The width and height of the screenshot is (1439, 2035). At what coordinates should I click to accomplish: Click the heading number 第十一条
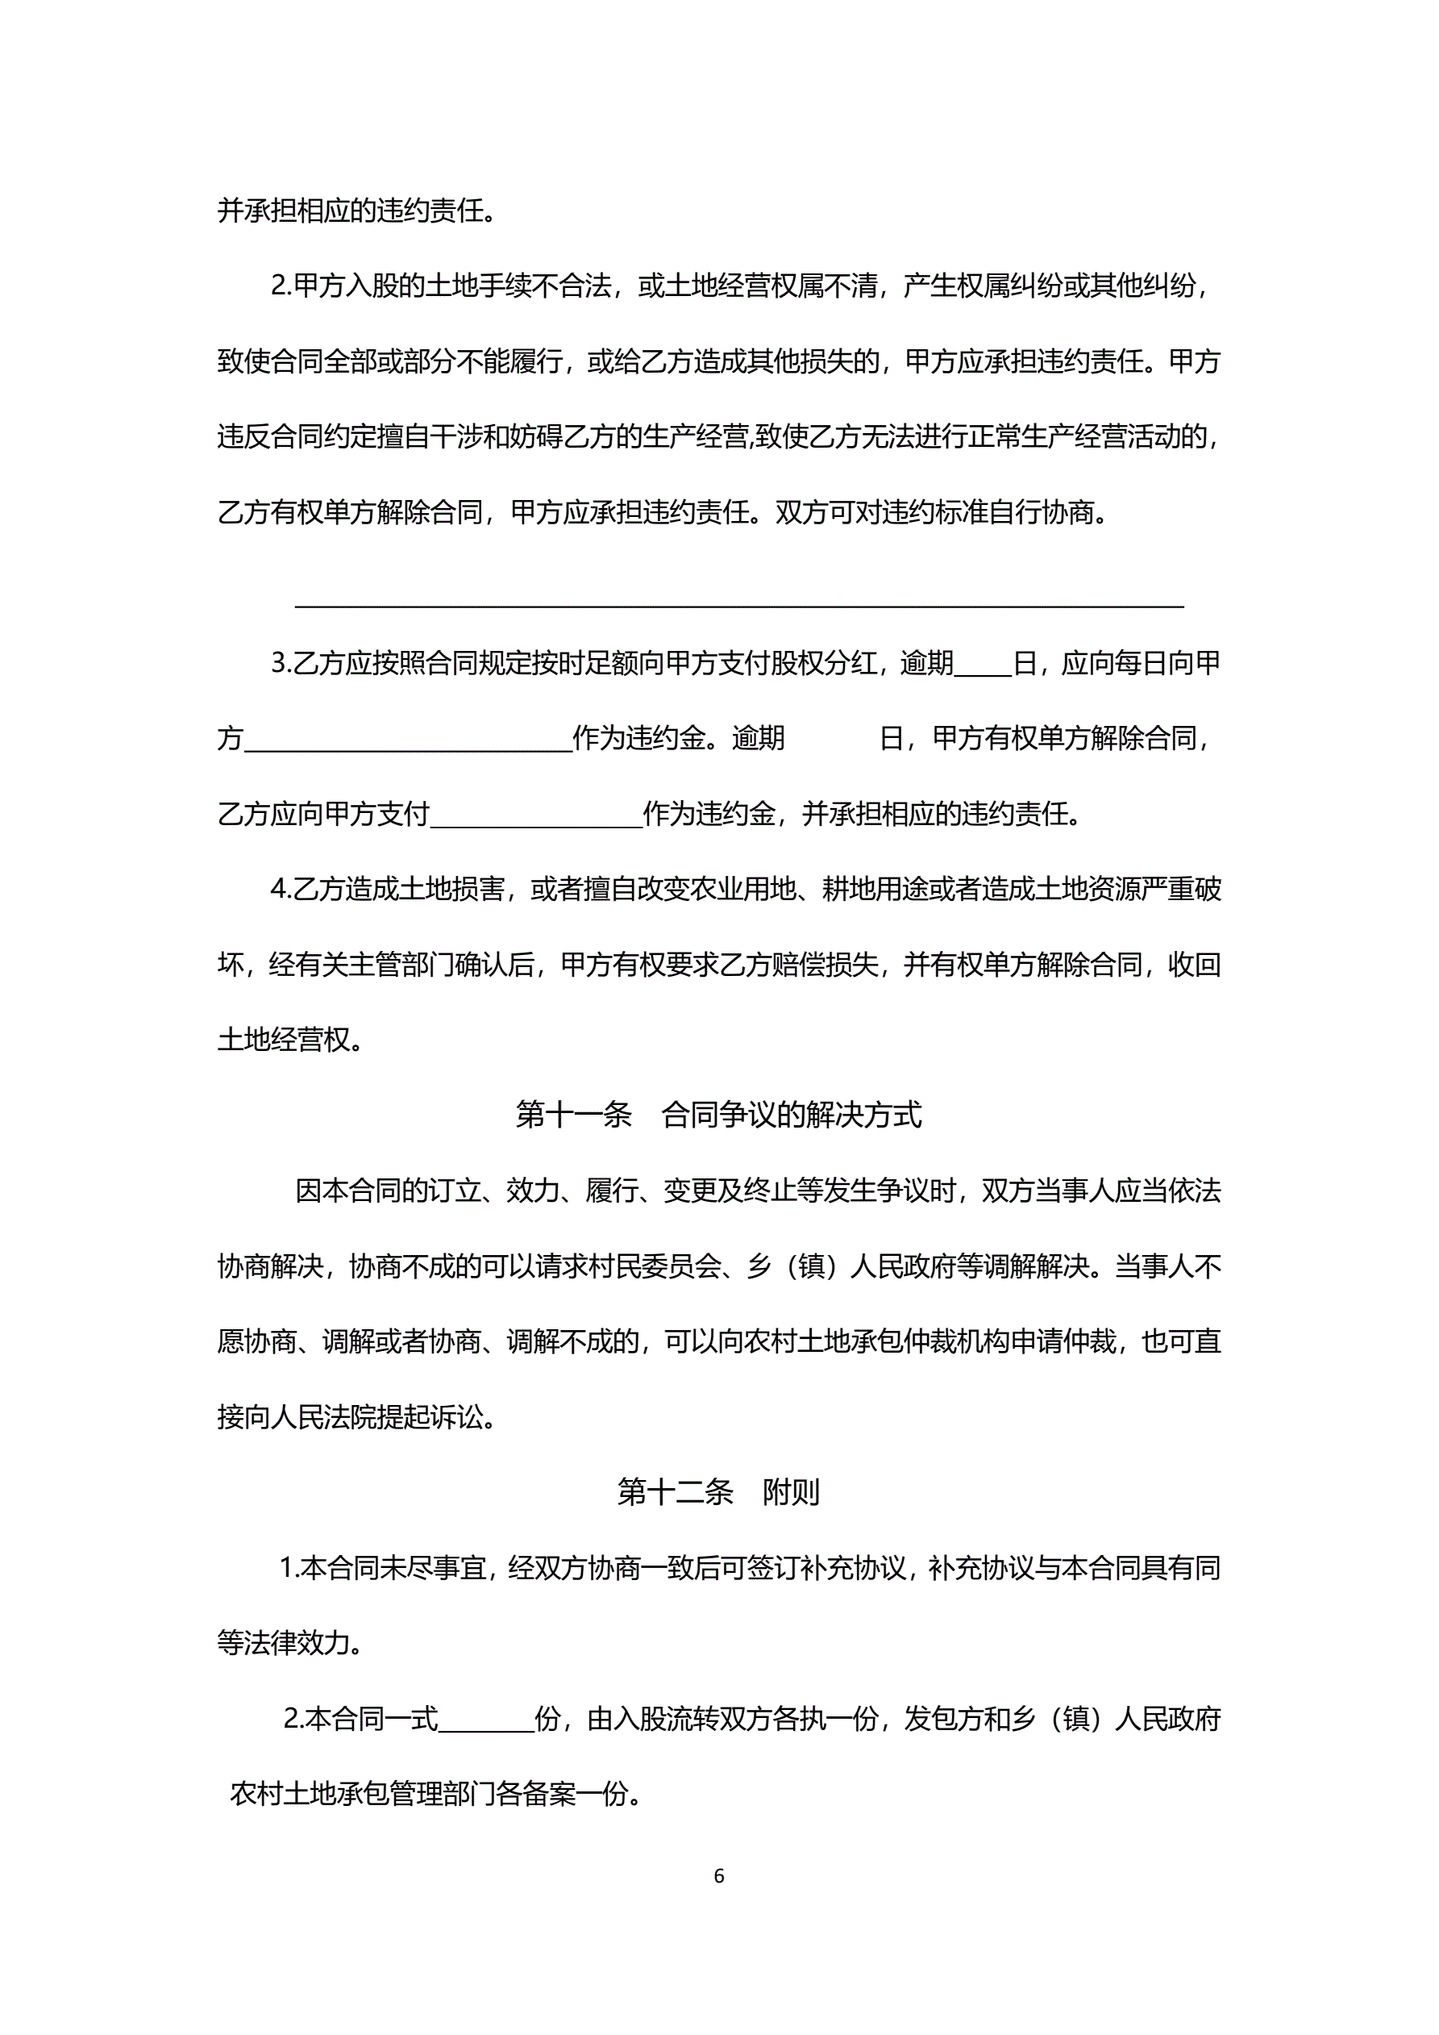(573, 1115)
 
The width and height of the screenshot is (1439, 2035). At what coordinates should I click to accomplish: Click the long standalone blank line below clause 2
(739, 606)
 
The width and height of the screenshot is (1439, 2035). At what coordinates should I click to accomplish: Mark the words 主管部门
(401, 965)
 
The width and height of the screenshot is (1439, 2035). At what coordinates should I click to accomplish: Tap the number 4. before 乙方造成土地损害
(281, 889)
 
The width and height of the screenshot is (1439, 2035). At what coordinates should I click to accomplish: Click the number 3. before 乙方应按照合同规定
(281, 663)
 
